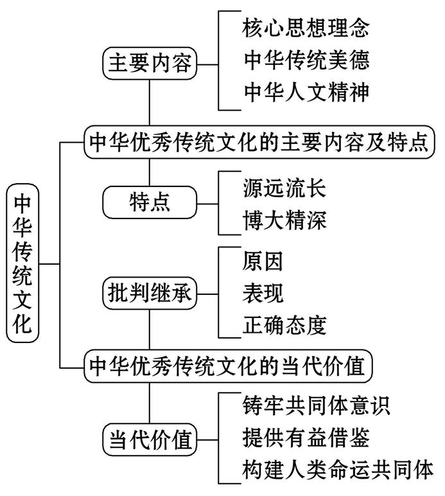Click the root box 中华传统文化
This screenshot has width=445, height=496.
click(x=22, y=263)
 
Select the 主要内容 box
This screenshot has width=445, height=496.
click(x=150, y=64)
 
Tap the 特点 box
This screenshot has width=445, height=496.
click(x=150, y=202)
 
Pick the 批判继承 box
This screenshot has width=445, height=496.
click(x=150, y=294)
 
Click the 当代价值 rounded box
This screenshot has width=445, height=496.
click(x=150, y=441)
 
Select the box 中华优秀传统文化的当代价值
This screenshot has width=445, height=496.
click(x=228, y=367)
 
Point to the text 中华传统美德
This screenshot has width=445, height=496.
click(x=306, y=60)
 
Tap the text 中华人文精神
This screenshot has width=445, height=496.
click(x=306, y=92)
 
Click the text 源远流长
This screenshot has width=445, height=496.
click(x=284, y=188)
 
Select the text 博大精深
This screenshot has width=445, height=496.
click(x=284, y=220)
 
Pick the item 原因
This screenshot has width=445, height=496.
click(x=263, y=261)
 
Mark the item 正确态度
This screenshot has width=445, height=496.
click(x=284, y=324)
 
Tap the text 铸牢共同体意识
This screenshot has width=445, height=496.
click(x=317, y=405)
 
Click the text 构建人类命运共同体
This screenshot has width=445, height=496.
click(x=338, y=468)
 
